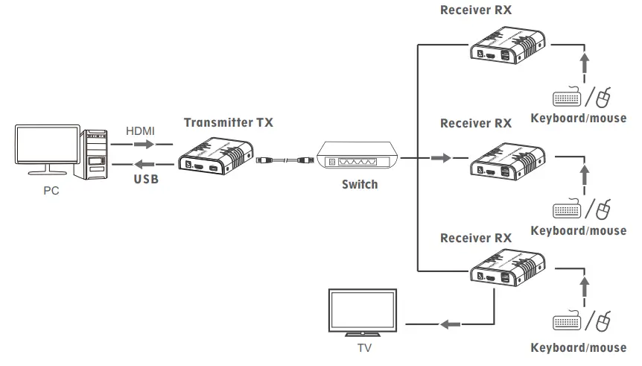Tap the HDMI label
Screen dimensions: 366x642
point(140,130)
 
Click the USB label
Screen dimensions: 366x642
point(146,180)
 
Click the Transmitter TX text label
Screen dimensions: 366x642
point(228,123)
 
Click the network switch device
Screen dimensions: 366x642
point(358,157)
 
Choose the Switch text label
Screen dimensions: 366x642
point(360,185)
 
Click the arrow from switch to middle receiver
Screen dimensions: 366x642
point(441,158)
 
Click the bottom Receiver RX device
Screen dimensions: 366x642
point(508,272)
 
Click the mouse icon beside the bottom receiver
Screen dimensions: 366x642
point(604,322)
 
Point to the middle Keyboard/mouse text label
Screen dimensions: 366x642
point(579,230)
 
